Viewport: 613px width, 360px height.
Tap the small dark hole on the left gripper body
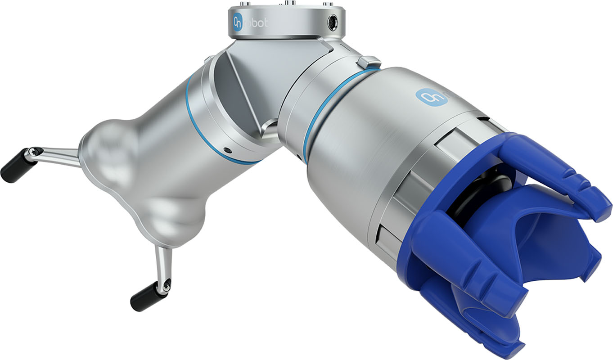click(226, 150)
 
